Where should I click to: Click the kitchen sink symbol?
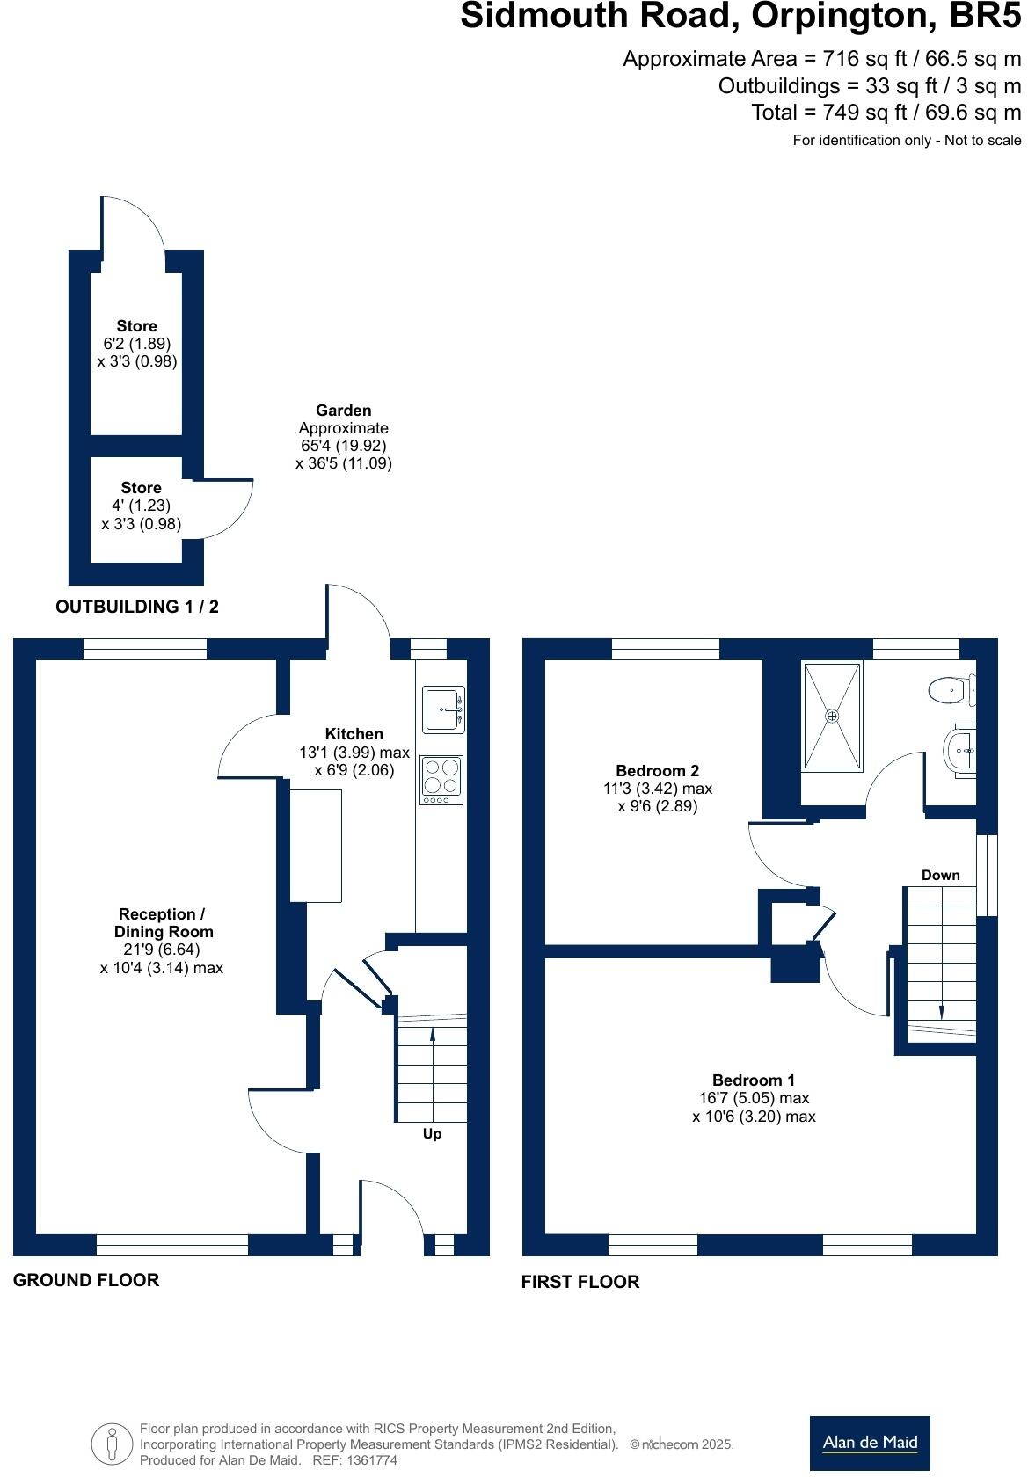point(443,709)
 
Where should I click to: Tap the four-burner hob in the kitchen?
point(442,779)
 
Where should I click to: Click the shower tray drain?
point(831,716)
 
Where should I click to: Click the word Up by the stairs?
point(432,1134)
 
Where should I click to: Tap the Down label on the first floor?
point(940,875)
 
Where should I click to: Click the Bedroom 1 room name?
point(754,1080)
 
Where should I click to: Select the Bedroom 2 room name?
point(657,771)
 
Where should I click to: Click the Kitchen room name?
point(354,734)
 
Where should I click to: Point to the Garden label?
point(343,411)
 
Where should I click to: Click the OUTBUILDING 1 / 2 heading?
point(136,607)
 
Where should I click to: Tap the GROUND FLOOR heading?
point(86,1280)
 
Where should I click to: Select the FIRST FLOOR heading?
point(580,1282)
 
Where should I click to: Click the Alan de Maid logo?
point(869,1442)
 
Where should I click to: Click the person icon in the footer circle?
point(111,1444)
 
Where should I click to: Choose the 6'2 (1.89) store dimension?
point(136,344)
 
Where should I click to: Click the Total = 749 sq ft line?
point(886,113)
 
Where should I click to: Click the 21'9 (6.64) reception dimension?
point(162,949)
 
